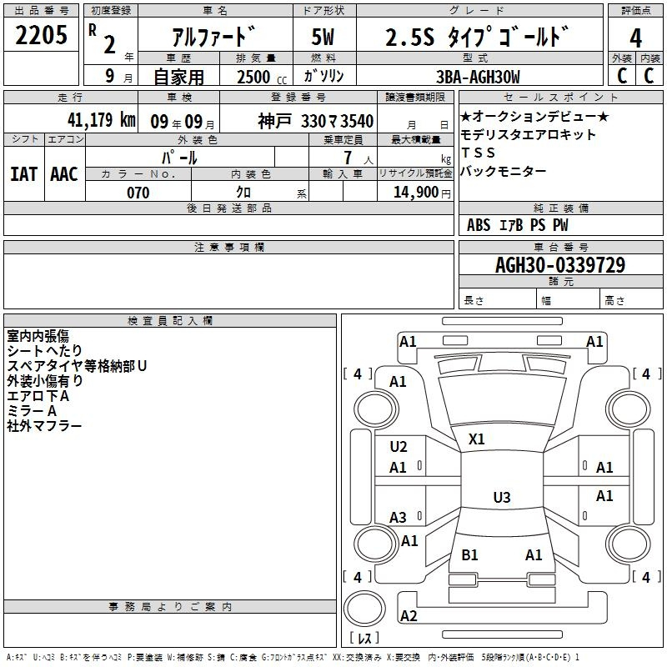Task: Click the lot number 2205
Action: pyautogui.click(x=41, y=35)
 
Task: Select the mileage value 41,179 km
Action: pyautogui.click(x=102, y=120)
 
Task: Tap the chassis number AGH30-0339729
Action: pyautogui.click(x=560, y=265)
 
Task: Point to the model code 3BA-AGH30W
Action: pyautogui.click(x=478, y=77)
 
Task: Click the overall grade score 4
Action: pyautogui.click(x=635, y=38)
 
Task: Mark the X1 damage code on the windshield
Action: pyautogui.click(x=476, y=439)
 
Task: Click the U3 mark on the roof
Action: pyautogui.click(x=502, y=497)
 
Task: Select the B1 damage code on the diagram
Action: pyautogui.click(x=469, y=555)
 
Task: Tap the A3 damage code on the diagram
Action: pyautogui.click(x=399, y=518)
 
